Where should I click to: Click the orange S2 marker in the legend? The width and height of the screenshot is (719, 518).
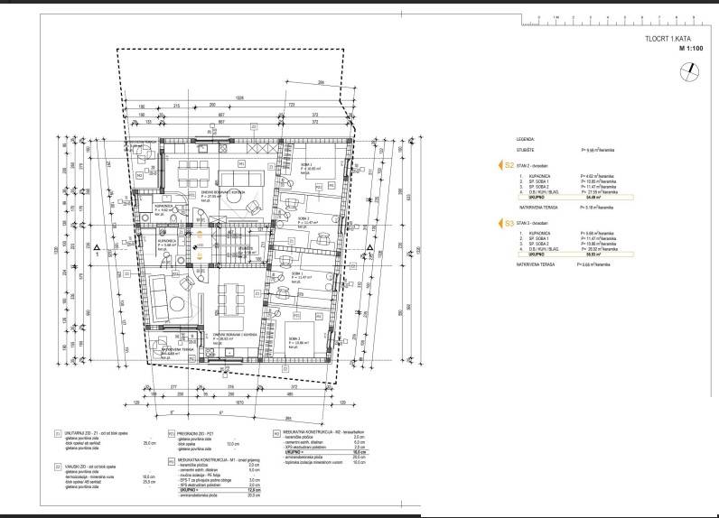pos(509,166)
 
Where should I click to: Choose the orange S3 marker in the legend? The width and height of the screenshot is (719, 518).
pos(509,220)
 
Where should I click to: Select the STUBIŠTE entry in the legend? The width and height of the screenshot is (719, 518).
pos(527,151)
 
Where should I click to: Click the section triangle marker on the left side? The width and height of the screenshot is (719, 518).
pos(93,245)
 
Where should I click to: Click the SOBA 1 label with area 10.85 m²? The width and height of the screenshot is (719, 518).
pos(302,167)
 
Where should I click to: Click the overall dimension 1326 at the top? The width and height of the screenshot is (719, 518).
pos(238,97)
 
